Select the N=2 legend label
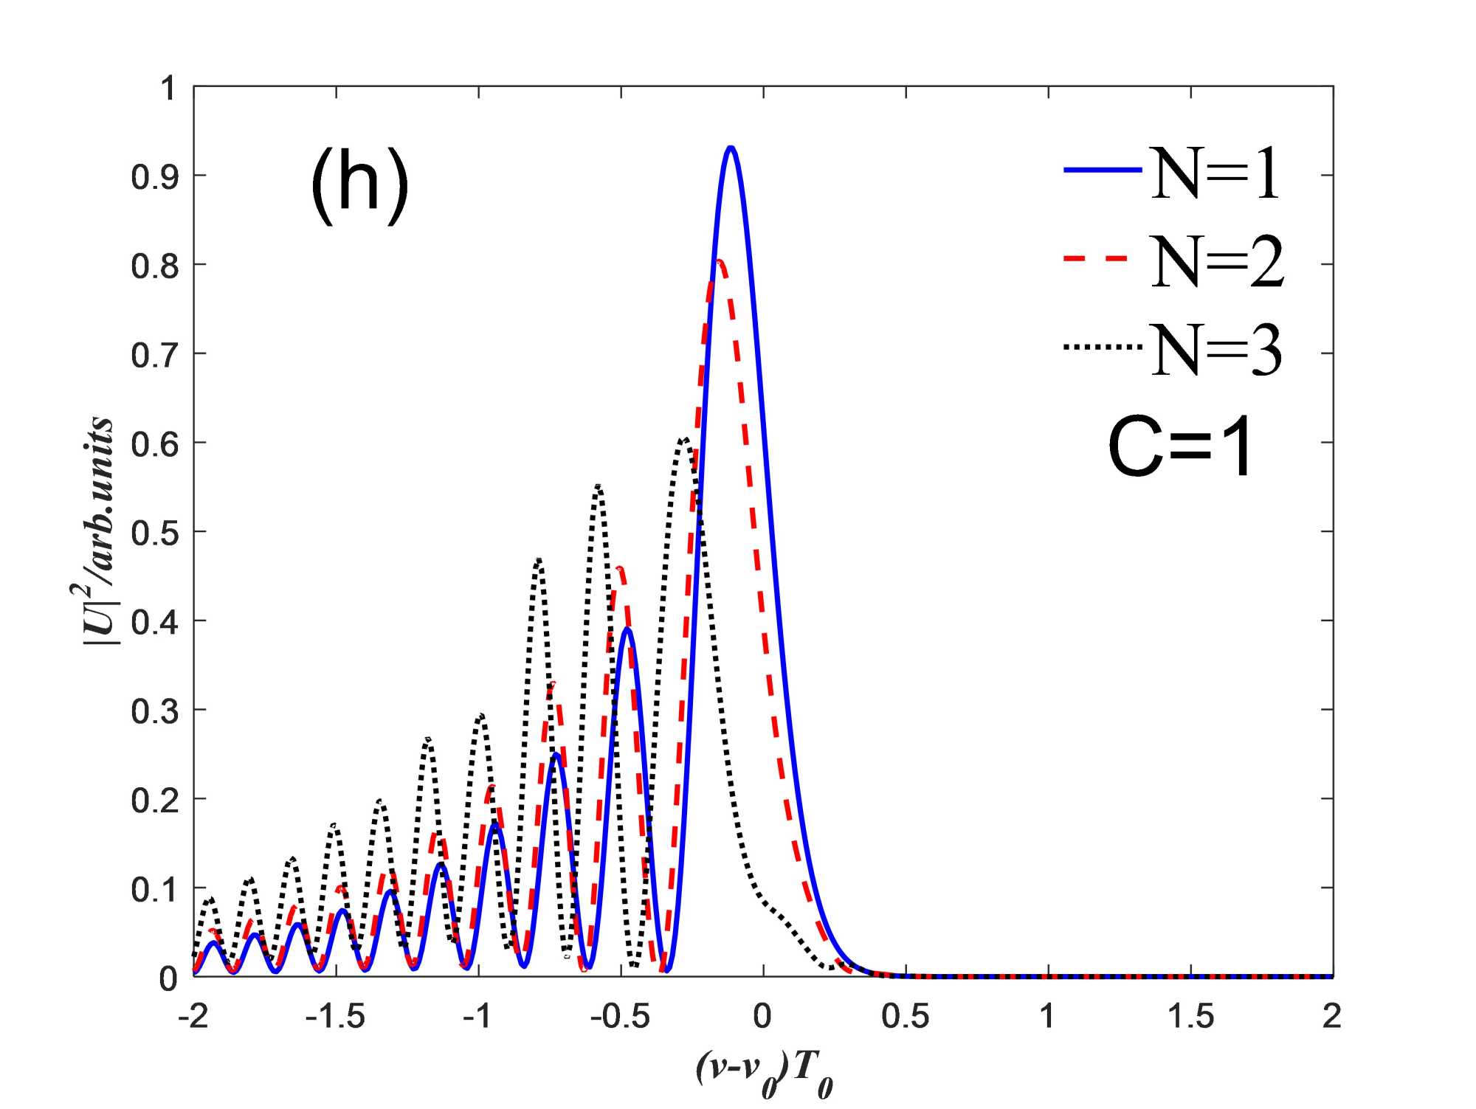tap(1217, 262)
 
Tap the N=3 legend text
tap(1216, 350)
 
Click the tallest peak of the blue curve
tap(731, 148)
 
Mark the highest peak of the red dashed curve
tap(719, 260)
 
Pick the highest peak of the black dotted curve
tap(685, 439)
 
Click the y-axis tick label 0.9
tap(155, 177)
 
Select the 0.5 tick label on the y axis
tap(155, 533)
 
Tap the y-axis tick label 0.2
tap(155, 800)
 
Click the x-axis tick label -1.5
tap(336, 1017)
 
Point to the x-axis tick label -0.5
tap(620, 1017)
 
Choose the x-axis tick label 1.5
tap(1190, 1017)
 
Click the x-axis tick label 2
tap(1331, 1017)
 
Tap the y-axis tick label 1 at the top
tap(169, 89)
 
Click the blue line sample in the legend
tap(1102, 170)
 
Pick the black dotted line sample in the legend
tap(1102, 346)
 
